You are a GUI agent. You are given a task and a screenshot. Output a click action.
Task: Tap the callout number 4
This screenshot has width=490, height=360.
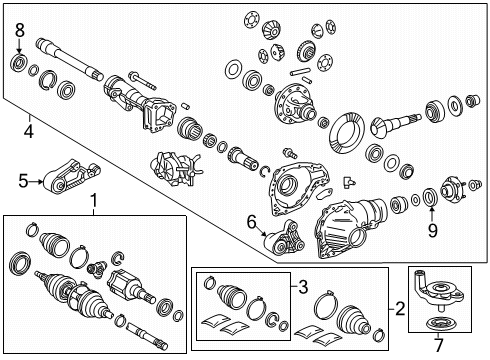point(28,129)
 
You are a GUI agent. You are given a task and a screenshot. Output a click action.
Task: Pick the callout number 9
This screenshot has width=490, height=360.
point(433,229)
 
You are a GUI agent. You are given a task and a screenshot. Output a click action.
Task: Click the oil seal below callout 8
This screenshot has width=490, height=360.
point(18,65)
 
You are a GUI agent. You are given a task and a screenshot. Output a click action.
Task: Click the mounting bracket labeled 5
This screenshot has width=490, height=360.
point(65,175)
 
